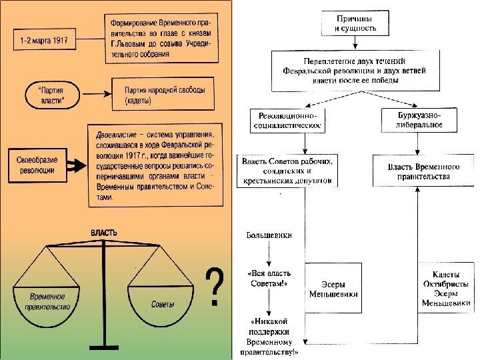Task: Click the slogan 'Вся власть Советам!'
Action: (267, 278)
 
